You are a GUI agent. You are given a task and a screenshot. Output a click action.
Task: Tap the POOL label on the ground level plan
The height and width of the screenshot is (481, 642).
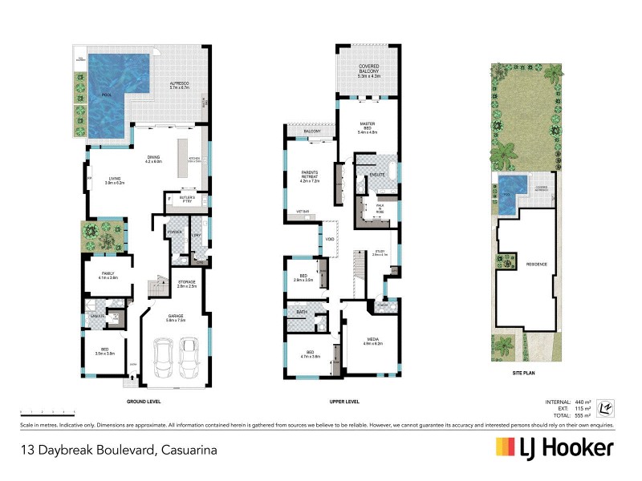tap(107, 95)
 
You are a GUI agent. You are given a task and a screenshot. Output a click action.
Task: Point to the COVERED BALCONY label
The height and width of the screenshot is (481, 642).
tap(368, 70)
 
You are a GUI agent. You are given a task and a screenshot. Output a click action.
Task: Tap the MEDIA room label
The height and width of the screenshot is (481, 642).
tap(374, 340)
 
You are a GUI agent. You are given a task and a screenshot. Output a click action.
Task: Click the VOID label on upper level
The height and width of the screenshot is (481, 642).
tap(330, 238)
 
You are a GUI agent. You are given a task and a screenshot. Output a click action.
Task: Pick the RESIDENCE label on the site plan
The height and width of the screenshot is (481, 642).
tap(526, 263)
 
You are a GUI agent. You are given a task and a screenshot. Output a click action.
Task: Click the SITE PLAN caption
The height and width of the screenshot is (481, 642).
tap(525, 373)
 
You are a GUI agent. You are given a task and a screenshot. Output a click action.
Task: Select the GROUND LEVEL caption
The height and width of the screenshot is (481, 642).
tap(144, 401)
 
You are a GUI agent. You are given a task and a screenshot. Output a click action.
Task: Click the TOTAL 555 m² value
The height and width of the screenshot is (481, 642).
tap(582, 415)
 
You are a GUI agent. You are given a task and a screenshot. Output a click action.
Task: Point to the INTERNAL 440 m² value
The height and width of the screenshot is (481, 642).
tap(582, 401)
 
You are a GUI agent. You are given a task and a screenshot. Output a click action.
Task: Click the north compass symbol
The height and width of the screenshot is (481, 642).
tap(607, 407)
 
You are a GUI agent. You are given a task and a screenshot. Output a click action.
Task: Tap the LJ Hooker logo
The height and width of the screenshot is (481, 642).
tap(555, 447)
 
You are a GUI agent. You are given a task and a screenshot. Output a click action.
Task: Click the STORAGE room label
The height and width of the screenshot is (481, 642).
tap(187, 283)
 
